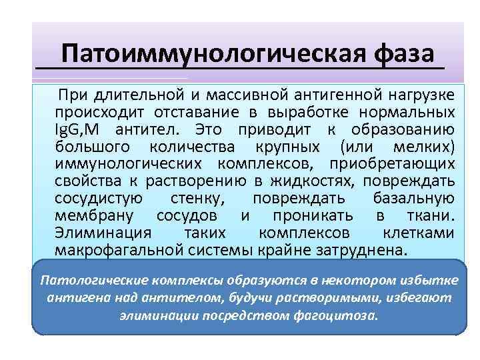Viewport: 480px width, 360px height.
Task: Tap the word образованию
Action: [406, 129]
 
